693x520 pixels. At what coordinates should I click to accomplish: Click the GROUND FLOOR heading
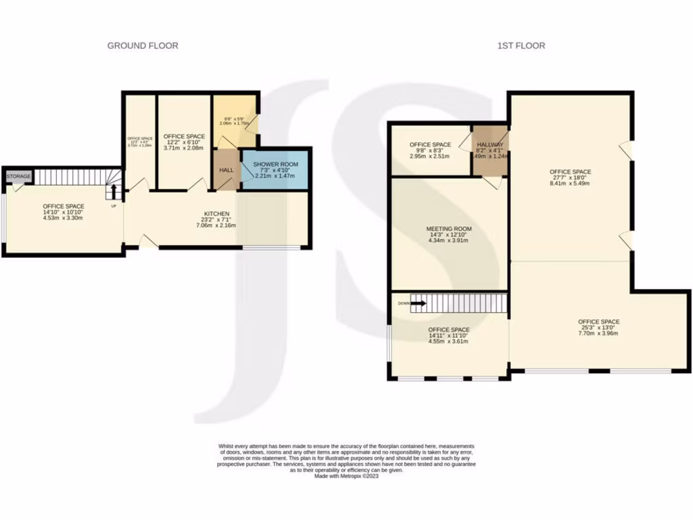[143, 46]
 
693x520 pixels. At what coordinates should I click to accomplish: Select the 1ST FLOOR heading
[521, 46]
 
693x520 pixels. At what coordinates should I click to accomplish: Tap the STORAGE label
[18, 177]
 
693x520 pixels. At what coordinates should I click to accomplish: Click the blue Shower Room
[275, 170]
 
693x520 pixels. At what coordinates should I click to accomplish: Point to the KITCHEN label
[217, 214]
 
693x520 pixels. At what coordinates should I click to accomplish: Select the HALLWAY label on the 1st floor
[491, 145]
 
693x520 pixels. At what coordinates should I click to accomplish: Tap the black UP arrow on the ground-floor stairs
[114, 192]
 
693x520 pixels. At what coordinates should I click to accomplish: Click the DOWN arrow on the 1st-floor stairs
[418, 303]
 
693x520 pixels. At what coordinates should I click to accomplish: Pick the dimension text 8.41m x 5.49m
[570, 183]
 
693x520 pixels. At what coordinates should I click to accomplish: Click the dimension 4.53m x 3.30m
[64, 218]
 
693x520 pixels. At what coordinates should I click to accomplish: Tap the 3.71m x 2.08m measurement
[183, 148]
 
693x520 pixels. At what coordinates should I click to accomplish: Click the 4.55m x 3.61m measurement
[448, 341]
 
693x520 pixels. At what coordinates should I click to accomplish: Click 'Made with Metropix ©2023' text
[346, 476]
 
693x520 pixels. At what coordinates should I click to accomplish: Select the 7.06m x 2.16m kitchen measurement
[217, 225]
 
